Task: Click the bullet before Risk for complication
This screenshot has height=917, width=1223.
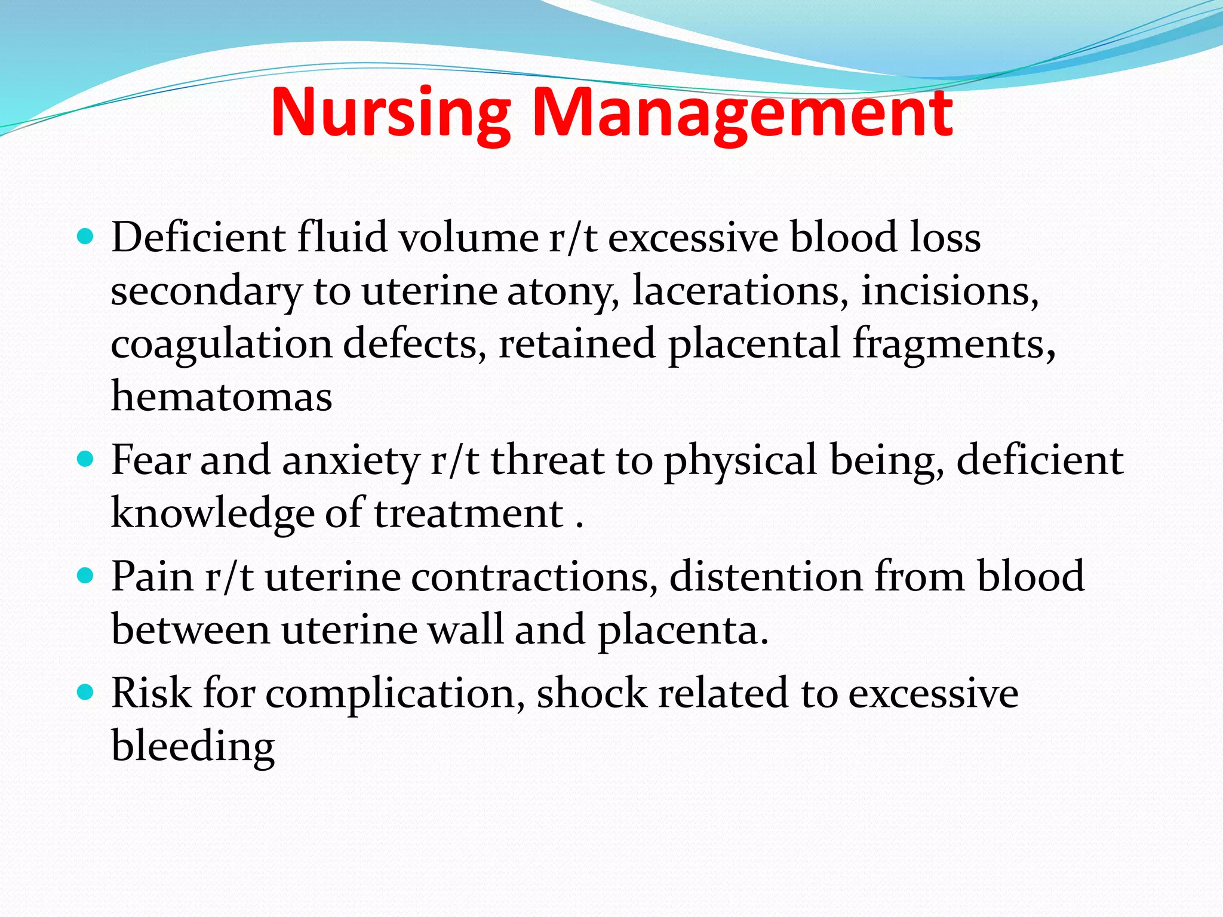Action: (x=86, y=693)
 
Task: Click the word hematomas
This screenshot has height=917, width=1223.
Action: (x=222, y=397)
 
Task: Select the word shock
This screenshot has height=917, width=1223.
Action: (x=592, y=693)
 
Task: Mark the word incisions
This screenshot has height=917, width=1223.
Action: (x=949, y=291)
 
